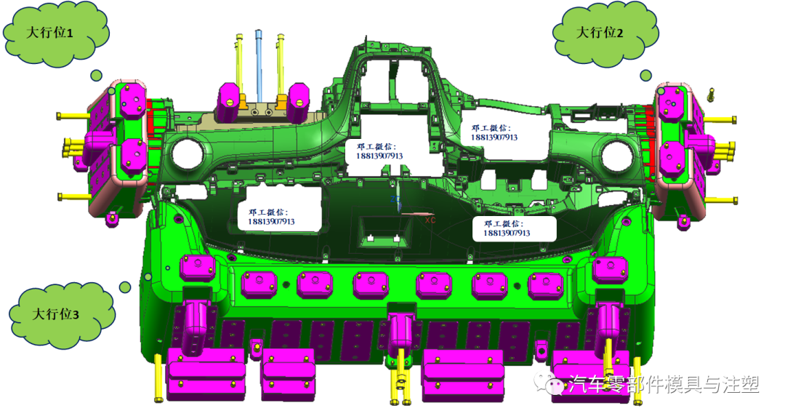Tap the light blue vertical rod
coord(259,65)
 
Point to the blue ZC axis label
coord(395,199)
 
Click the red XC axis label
coord(430,220)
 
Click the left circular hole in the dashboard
coord(188,153)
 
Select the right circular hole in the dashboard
coord(617,156)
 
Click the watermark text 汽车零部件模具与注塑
coord(664,384)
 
